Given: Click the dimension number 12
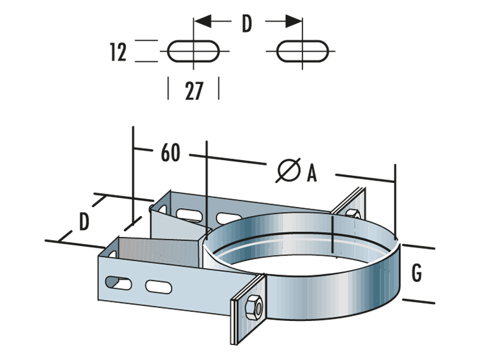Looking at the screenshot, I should (119, 52).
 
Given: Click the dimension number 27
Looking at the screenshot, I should (193, 91).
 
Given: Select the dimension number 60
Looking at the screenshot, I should (170, 153).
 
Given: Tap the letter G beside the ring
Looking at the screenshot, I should (417, 273).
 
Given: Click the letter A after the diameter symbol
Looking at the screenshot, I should (311, 173).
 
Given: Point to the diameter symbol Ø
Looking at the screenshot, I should (289, 170).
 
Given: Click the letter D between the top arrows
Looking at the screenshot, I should (247, 23).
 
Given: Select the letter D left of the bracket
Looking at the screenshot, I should (85, 221).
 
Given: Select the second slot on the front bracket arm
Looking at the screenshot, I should (157, 286).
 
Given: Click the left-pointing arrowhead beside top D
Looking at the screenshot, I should (203, 22).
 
